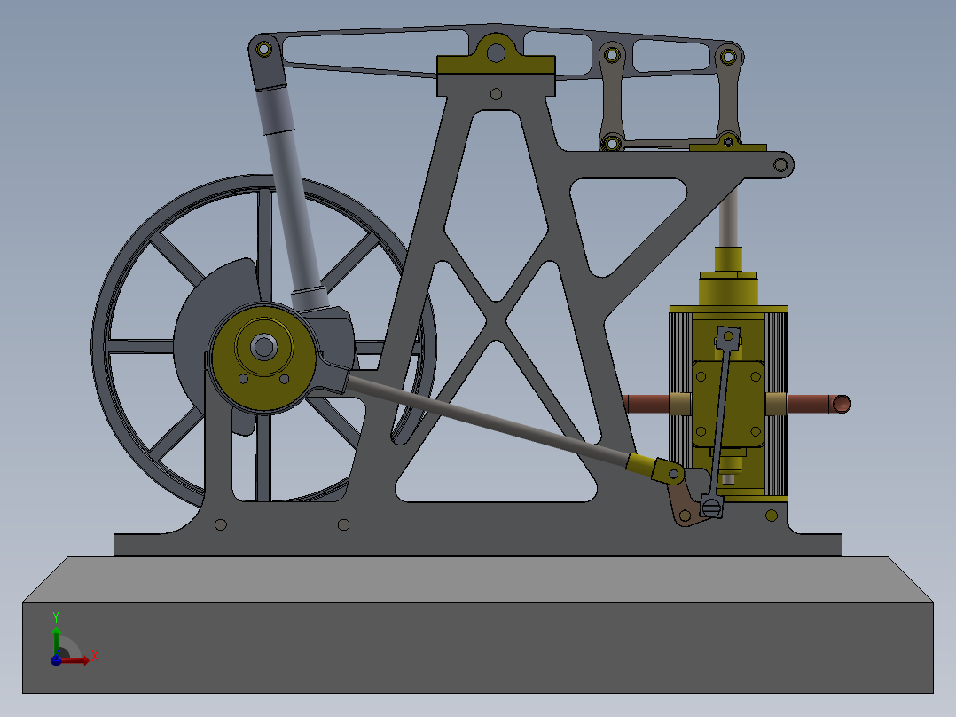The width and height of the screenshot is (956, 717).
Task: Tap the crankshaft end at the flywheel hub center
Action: pyautogui.click(x=263, y=346)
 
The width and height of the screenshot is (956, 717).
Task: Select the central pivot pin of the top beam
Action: pyautogui.click(x=496, y=53)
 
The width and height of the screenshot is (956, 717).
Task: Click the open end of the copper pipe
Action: pyautogui.click(x=842, y=405)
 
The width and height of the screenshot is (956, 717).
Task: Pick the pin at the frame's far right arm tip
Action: pyautogui.click(x=780, y=164)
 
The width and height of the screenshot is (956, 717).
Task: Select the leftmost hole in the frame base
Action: pyautogui.click(x=221, y=525)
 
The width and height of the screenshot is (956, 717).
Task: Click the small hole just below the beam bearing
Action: pyautogui.click(x=496, y=93)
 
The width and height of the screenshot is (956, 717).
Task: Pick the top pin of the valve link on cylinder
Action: pyautogui.click(x=728, y=336)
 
